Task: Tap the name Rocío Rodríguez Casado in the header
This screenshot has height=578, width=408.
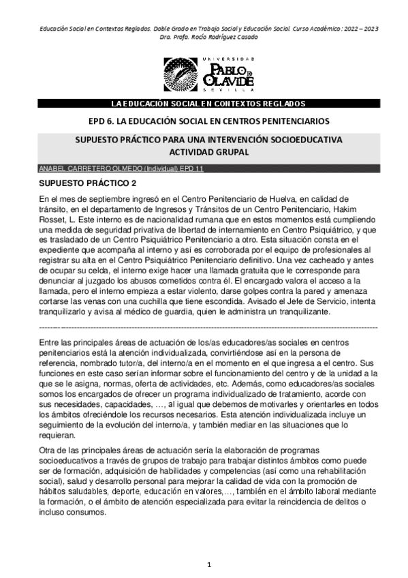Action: pos(217,37)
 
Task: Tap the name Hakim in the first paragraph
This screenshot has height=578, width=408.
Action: pos(362,208)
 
